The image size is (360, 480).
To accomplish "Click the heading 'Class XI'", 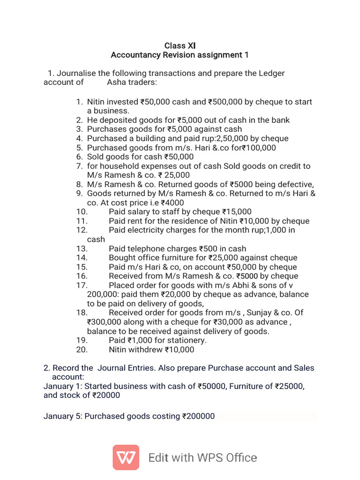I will pyautogui.click(x=180, y=45).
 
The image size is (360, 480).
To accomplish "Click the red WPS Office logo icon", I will pyautogui.click(x=126, y=457).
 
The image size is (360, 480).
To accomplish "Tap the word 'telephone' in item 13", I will pyautogui.click(x=147, y=248).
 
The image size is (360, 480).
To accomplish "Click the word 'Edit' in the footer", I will pyautogui.click(x=159, y=457).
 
